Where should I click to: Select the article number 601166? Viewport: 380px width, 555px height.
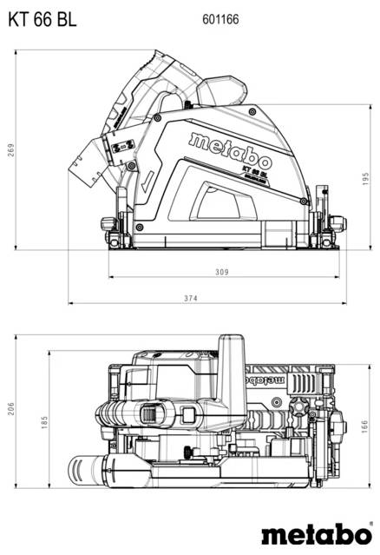coord(221,18)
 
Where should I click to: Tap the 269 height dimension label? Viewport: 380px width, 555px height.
coord(11,149)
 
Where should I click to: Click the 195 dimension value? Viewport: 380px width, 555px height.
coord(367,178)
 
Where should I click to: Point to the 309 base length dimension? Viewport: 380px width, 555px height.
coord(221,273)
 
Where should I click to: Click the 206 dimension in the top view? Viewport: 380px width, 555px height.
coord(11,408)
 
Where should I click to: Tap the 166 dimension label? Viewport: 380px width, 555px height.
coord(367,427)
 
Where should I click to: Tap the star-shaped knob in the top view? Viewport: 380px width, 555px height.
coord(301,407)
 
